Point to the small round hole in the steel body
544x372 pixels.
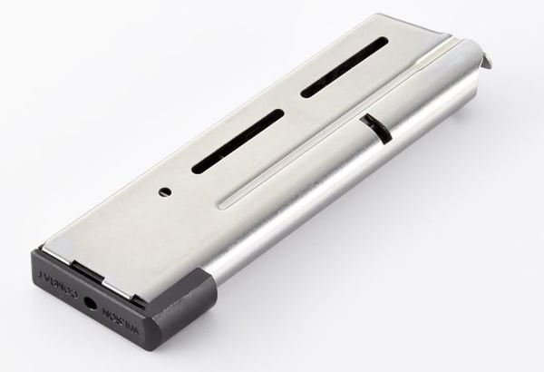click(165, 191)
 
